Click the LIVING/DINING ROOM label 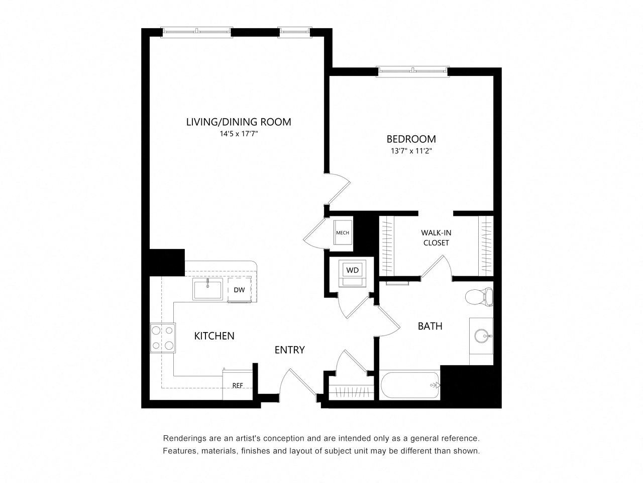click(x=239, y=122)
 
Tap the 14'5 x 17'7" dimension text click(x=239, y=134)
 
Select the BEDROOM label click(x=411, y=139)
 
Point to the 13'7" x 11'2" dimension click(x=411, y=151)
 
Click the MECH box click(x=343, y=232)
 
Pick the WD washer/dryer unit click(x=352, y=273)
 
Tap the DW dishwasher click(x=239, y=290)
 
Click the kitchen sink click(x=207, y=289)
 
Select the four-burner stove click(x=163, y=338)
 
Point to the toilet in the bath click(x=479, y=297)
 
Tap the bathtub click(x=409, y=385)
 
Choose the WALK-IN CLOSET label click(x=436, y=238)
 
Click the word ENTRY click(x=290, y=350)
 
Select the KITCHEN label click(x=214, y=336)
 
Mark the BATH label click(x=430, y=326)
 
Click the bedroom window click(x=413, y=71)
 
